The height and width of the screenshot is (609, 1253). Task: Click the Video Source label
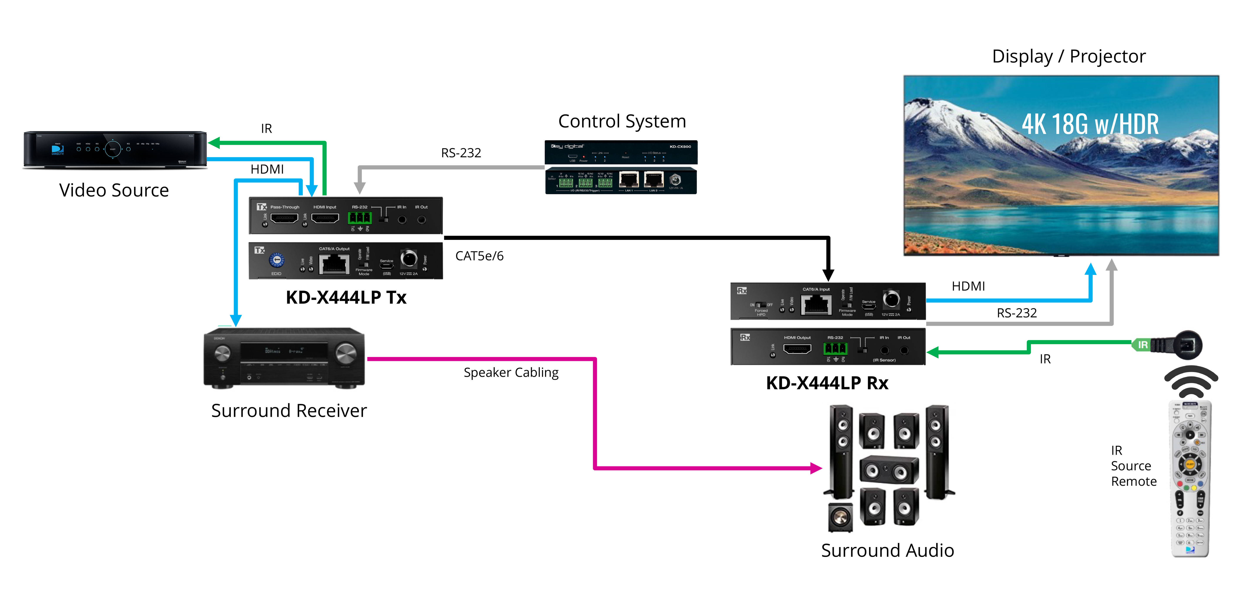(114, 190)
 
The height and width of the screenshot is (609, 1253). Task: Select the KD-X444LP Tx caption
(346, 297)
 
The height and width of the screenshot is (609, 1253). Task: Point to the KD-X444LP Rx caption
(827, 383)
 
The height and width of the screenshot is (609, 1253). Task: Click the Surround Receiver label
(289, 410)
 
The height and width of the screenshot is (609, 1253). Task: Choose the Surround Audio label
(887, 550)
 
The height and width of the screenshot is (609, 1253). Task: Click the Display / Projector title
(1069, 56)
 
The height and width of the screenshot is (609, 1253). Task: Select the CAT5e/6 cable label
(479, 256)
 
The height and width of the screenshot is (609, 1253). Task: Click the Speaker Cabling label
(511, 373)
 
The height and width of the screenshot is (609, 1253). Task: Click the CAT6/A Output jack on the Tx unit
(334, 264)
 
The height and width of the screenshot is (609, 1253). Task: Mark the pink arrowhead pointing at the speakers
(816, 468)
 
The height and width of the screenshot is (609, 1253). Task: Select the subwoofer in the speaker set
(840, 517)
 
